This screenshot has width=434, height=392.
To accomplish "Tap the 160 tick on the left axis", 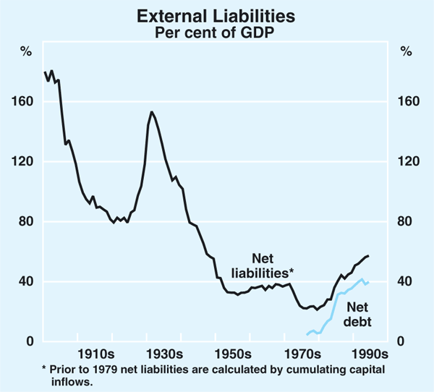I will pos(26,102).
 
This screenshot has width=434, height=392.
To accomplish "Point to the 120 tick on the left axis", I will pos(26,162).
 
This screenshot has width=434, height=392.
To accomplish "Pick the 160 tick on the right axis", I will pos(409,102).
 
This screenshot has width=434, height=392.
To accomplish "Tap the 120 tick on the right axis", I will pos(409,162).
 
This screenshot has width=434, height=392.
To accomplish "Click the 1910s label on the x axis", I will pos(95,355).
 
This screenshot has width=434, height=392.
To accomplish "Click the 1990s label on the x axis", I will pos(370,355).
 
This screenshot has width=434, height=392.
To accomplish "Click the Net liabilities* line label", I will pos(262,265).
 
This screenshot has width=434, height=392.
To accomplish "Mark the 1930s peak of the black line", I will pos(152,112).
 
